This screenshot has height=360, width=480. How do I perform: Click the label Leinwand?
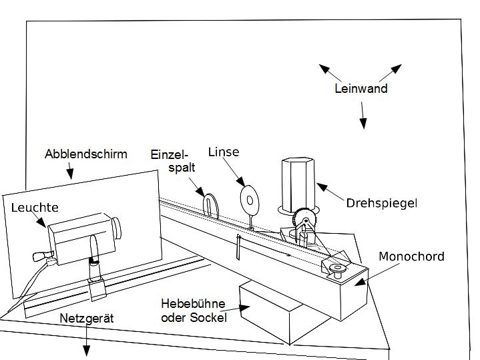361,88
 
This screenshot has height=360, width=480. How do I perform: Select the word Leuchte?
35,208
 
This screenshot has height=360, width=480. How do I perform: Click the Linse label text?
223,153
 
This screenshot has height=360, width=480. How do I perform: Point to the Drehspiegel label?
381,202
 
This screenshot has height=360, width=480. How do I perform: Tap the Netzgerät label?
87,319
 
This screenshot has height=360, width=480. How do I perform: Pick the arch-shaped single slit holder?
211,204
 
